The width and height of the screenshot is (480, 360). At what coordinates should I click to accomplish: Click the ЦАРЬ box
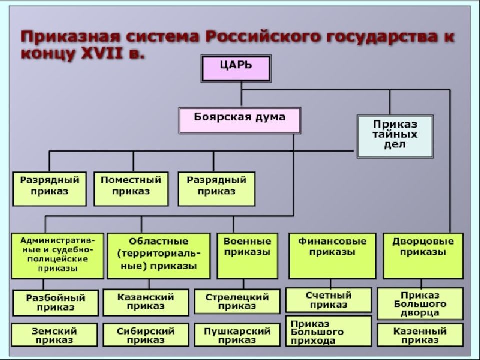point(236,69)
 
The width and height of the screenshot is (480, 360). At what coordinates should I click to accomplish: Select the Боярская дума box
point(239,120)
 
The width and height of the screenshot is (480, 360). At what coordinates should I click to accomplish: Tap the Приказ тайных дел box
point(395,136)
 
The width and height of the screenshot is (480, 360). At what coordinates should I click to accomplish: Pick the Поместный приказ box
point(131,189)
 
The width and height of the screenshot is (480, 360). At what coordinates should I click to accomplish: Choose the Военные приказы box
point(247,256)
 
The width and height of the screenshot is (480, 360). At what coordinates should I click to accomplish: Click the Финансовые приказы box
point(332,256)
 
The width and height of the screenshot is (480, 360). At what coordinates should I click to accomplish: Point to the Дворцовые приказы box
point(423,256)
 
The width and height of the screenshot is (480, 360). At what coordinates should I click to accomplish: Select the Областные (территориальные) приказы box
point(159,256)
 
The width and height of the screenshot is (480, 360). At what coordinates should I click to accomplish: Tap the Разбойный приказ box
point(55,303)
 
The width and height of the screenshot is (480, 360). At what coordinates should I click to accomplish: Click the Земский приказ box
point(54,335)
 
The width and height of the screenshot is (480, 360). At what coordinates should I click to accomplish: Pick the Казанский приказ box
point(146,303)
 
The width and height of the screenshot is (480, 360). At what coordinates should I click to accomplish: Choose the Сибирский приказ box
point(146,335)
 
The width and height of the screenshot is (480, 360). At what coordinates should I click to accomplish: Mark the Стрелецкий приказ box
point(237,302)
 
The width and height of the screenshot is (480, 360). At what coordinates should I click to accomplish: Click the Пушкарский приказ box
point(237,335)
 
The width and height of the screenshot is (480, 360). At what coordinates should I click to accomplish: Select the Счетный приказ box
point(329,300)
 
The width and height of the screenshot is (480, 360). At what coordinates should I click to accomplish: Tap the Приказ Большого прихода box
point(329,331)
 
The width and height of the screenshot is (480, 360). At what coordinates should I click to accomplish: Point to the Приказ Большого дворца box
point(420,304)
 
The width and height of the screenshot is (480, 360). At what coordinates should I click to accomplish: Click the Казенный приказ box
point(420,335)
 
